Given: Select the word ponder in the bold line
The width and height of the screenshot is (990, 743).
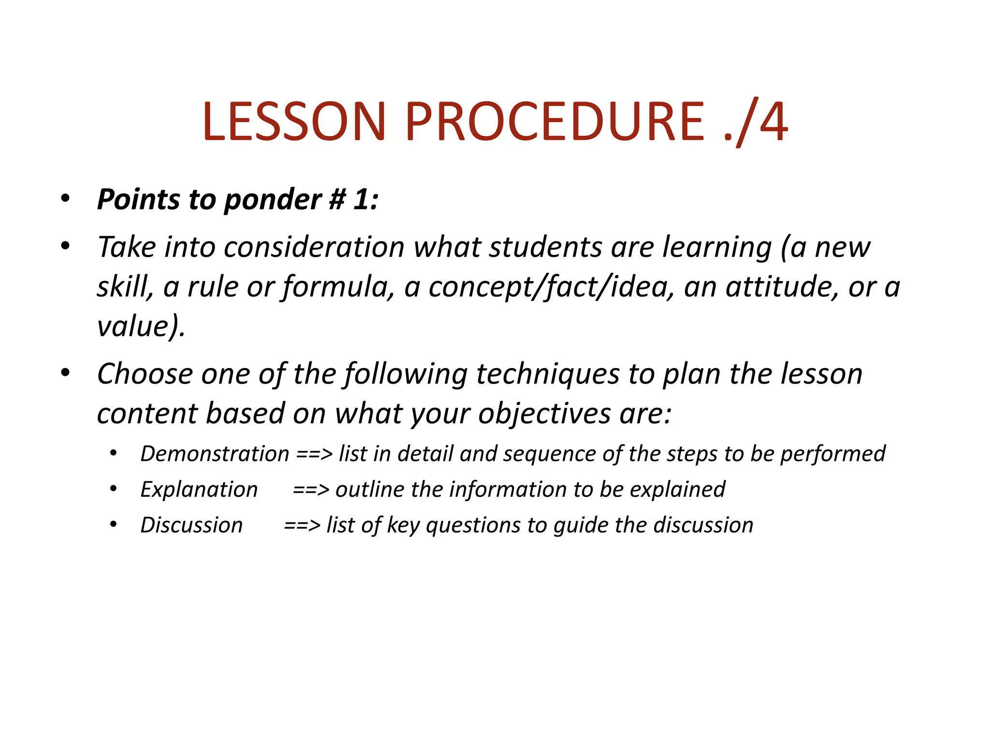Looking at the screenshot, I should point(273,200).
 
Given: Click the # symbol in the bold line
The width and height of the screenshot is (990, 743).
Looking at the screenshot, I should point(337,199).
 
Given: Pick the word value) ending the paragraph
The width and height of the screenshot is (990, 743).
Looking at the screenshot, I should point(141,327).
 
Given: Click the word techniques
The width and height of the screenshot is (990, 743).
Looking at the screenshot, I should point(547,374).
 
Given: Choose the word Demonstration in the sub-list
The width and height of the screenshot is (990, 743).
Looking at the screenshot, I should point(215,454).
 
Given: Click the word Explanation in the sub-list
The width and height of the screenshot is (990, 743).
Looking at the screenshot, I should point(199,490).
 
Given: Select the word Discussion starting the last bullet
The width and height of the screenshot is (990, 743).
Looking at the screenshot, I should point(191,525).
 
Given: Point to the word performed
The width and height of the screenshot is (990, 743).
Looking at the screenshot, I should point(832,454).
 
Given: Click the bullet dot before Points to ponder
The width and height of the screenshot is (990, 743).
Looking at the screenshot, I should point(66,198).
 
